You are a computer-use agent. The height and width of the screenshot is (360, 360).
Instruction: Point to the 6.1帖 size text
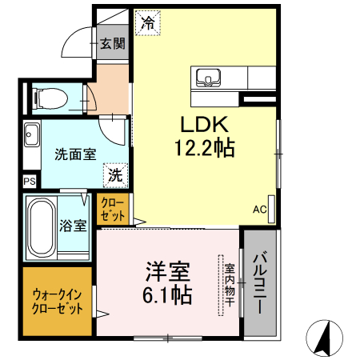[167, 294]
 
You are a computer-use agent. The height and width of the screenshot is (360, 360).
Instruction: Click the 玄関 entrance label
[112, 44]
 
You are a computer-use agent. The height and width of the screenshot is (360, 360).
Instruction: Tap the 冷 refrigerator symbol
[147, 23]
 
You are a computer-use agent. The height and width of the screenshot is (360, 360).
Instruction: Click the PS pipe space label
[30, 182]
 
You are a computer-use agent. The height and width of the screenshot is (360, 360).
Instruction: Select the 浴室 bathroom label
[74, 226]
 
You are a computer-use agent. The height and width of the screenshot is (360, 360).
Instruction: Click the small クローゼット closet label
[113, 210]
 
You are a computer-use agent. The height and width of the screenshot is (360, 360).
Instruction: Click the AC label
[260, 210]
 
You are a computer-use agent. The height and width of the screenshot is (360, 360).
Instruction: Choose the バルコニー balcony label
[261, 282]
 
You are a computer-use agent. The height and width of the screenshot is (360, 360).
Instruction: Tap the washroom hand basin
[31, 134]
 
